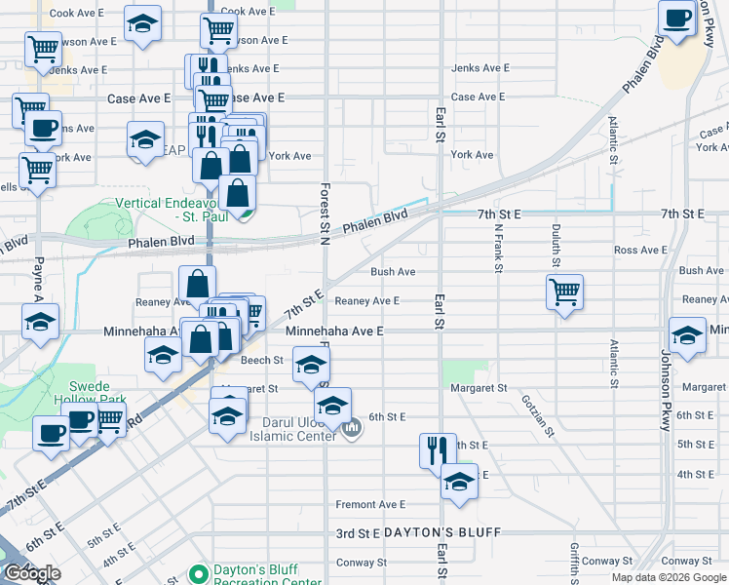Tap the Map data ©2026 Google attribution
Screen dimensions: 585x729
pos(669,577)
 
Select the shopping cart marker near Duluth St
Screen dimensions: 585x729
pos(565,292)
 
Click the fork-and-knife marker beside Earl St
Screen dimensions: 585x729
pos(438,450)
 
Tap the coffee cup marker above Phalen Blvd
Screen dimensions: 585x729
pos(675,19)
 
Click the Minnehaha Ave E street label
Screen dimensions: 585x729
pos(334,331)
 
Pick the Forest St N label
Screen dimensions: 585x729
pos(325,208)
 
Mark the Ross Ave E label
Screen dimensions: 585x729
pos(640,251)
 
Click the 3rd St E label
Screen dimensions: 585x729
pos(357,533)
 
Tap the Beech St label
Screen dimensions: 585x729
pos(261,360)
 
